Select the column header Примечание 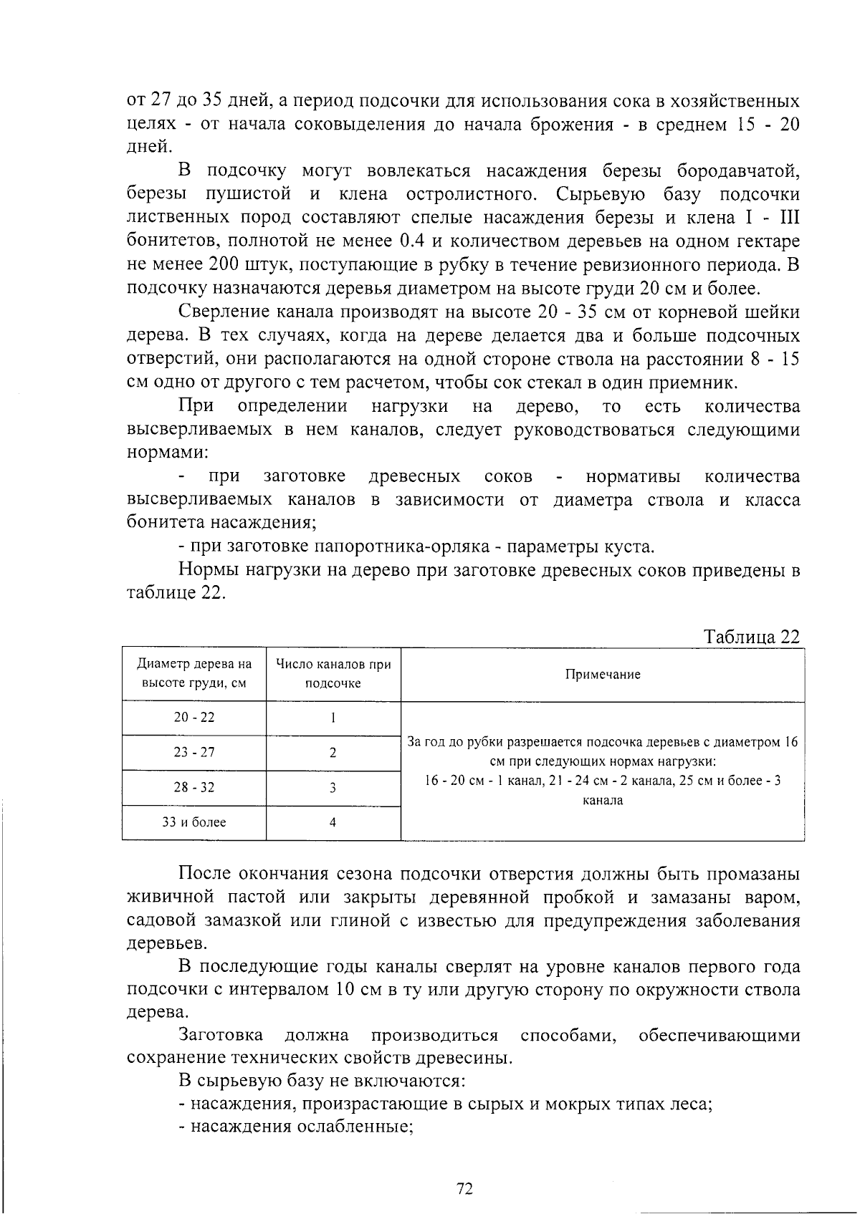point(602,675)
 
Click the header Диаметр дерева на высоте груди point(194,674)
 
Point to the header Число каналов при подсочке point(333,674)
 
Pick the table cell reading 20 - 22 point(194,718)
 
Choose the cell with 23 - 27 point(194,753)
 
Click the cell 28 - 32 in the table point(194,788)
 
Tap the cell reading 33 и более point(194,822)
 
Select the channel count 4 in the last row point(333,822)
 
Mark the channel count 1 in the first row point(333,718)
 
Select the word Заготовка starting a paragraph point(221,1036)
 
